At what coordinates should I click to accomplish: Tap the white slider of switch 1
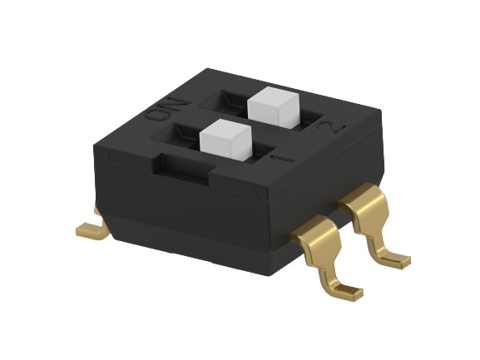[x=220, y=138]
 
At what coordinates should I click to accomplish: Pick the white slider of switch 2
[x=269, y=104]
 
